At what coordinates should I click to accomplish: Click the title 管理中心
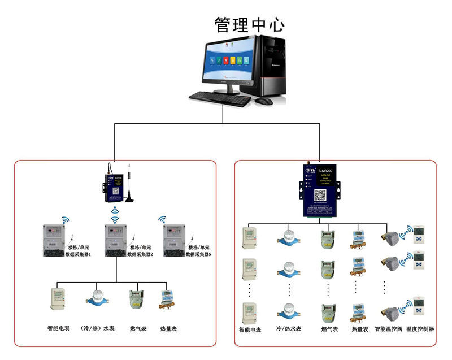point(249,24)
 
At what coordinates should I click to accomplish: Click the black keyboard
point(220,99)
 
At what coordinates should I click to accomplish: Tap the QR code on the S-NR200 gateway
point(320,196)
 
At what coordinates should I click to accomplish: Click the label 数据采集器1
point(82,255)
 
